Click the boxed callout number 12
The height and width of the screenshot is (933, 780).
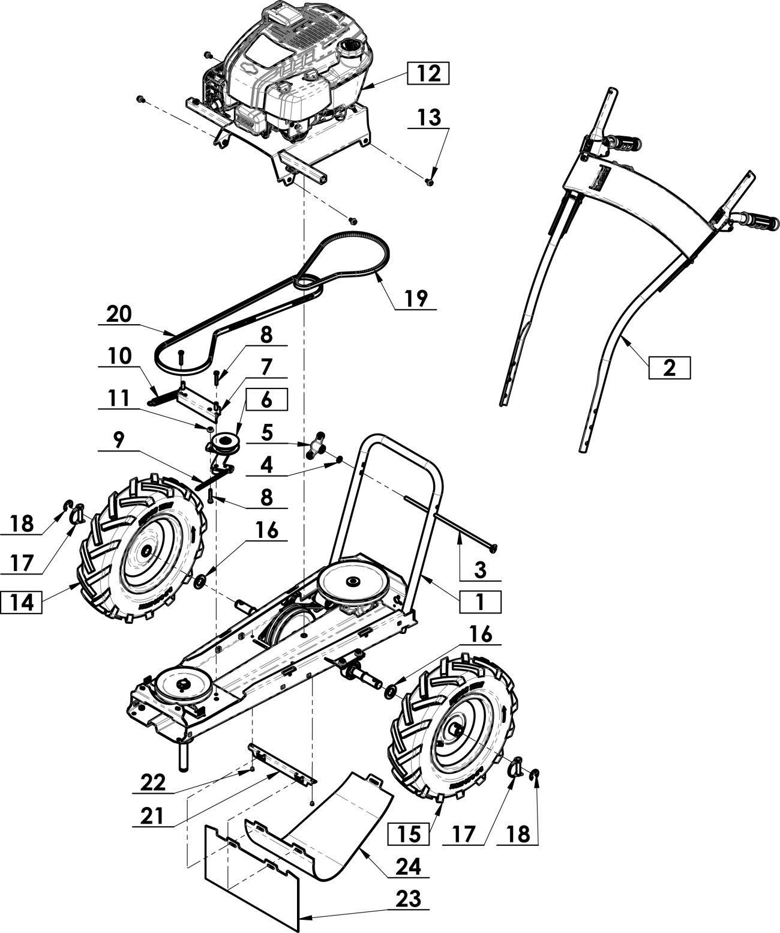(x=428, y=73)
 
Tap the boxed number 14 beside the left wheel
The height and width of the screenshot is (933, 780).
(x=22, y=602)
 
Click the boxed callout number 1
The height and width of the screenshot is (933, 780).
(x=480, y=602)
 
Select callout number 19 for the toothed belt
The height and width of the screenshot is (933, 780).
(x=415, y=298)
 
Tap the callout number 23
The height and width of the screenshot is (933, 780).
(x=409, y=899)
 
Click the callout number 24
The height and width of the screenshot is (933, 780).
(x=409, y=866)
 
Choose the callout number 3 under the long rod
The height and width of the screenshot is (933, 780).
(x=480, y=569)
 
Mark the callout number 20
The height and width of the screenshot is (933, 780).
(x=119, y=315)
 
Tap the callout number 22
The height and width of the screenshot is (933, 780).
(x=154, y=783)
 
